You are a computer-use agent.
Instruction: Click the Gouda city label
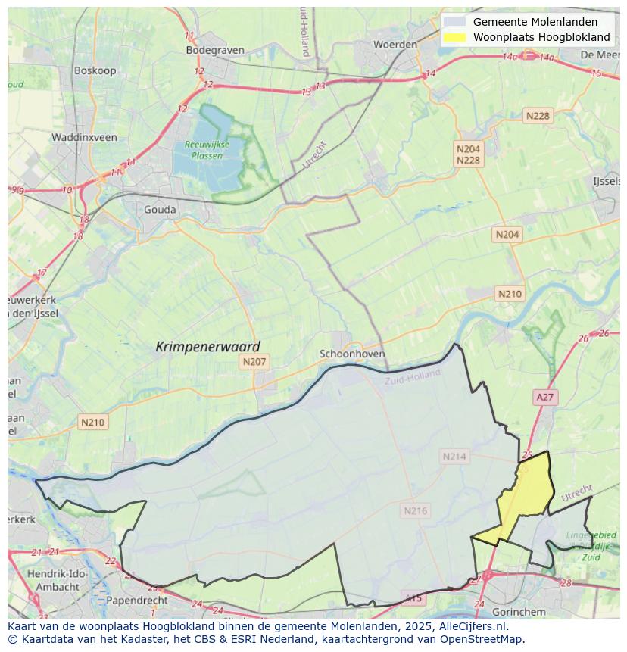point(160,210)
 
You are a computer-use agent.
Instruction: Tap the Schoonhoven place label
point(352,354)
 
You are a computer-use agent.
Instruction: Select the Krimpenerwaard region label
point(207,346)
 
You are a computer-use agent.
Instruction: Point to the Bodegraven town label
point(215,50)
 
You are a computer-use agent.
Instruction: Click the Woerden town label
point(395,45)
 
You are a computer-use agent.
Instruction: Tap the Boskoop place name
point(94,70)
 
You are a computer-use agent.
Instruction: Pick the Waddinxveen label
point(84,137)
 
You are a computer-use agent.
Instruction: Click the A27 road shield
point(545,397)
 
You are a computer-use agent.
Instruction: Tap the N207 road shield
point(254,362)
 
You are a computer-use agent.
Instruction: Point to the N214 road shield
point(454,456)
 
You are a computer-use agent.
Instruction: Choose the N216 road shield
point(415,510)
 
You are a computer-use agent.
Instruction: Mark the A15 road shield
point(413,598)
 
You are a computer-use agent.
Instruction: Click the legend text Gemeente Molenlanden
point(535,22)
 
